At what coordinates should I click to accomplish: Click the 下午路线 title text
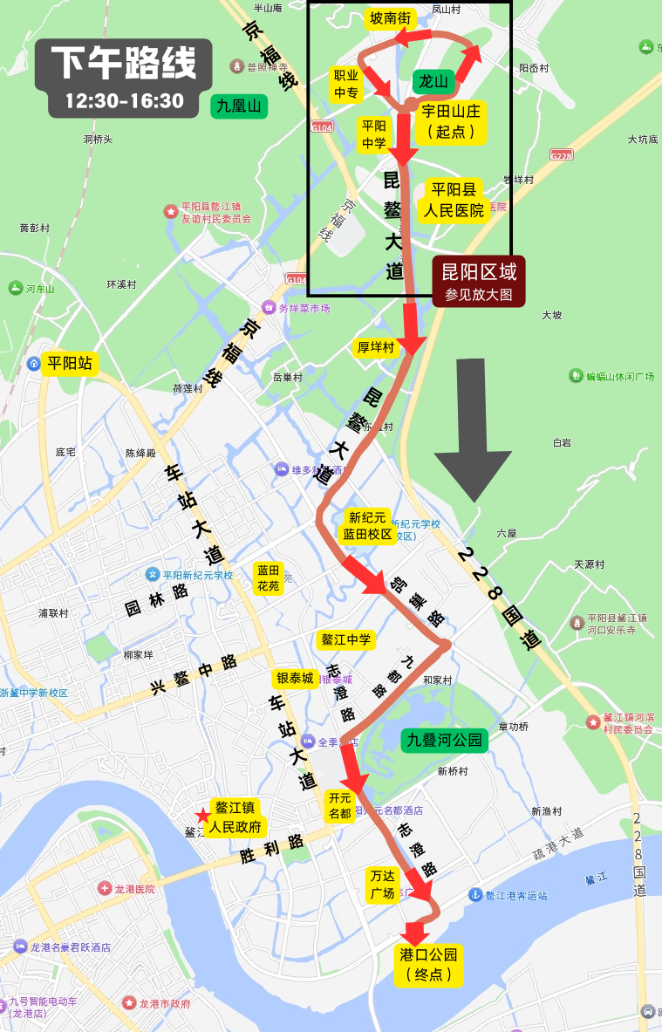(123, 63)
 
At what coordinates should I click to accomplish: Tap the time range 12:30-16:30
(123, 100)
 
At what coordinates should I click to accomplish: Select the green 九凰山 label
(239, 106)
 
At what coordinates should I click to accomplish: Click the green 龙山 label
(433, 82)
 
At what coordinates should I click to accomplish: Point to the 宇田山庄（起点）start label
(451, 121)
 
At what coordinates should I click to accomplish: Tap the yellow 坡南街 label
(390, 19)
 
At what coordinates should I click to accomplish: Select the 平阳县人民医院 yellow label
(453, 200)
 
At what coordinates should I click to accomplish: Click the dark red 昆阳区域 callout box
(479, 281)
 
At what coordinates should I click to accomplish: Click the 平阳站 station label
(69, 363)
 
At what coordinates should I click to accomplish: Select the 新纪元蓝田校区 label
(366, 526)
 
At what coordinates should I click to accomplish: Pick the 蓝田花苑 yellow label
(268, 578)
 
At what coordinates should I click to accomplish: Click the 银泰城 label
(295, 679)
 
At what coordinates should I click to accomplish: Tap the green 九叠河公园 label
(445, 741)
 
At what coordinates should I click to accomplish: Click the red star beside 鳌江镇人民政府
(202, 816)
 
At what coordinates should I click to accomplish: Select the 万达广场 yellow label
(383, 885)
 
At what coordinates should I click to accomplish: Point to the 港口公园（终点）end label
(427, 963)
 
